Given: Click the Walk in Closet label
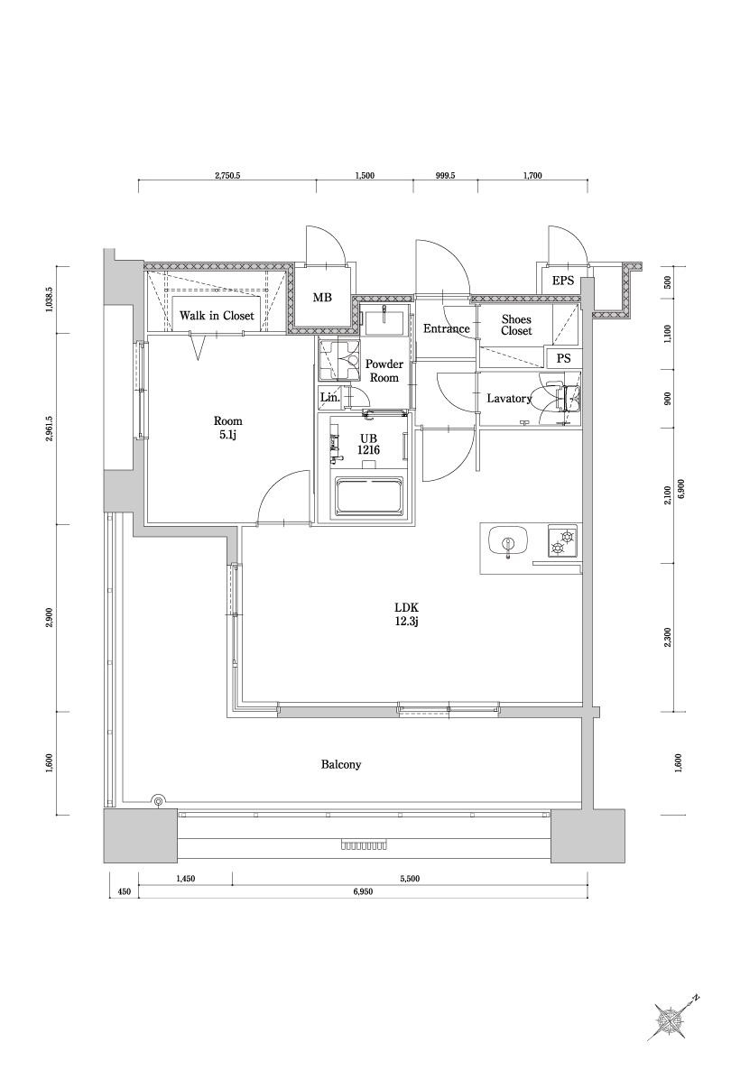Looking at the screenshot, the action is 217,316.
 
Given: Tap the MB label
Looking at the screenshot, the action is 322,298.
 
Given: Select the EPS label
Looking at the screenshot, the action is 563,281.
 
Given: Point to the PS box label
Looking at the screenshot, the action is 564,357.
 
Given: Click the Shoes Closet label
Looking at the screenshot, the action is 516,325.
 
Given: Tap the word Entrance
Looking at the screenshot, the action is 447,329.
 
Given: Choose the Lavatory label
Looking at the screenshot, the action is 509,399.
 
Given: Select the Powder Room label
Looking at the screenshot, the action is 384,371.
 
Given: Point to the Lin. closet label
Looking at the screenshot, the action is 329,397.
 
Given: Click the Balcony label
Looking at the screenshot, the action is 341,765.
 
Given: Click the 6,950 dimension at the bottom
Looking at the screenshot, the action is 363,891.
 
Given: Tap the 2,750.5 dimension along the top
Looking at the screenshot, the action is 227,175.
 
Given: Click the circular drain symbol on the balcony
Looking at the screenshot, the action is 158,801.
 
